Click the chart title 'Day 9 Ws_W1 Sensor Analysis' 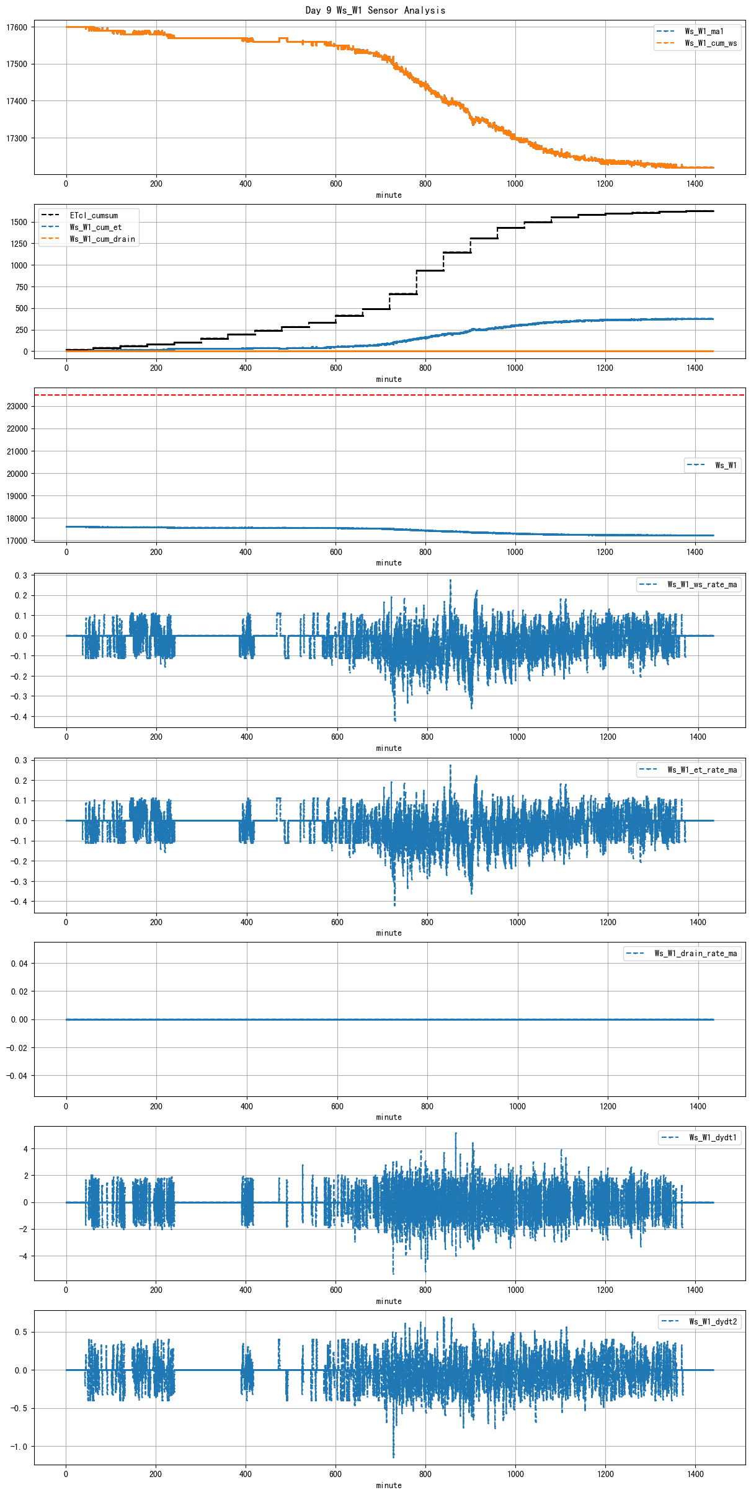(375, 10)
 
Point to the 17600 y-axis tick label (17, 27)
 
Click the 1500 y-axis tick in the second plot (19, 222)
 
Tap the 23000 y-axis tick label (17, 406)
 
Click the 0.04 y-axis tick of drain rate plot (19, 963)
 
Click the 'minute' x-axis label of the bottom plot (389, 1485)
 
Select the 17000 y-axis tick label (17, 541)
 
